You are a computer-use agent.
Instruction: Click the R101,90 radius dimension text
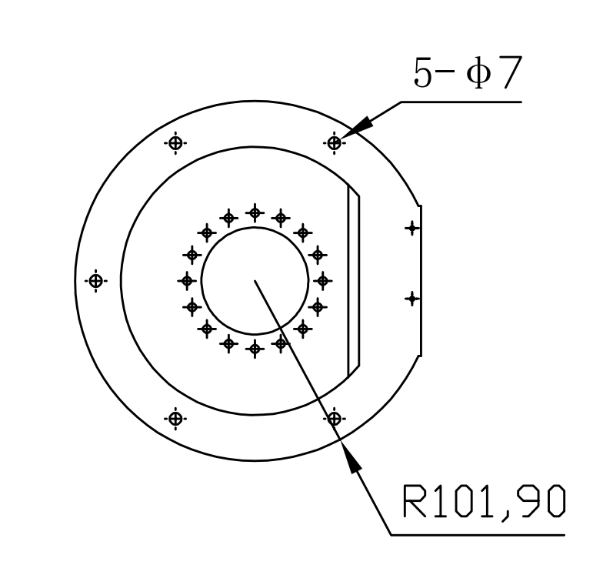coord(484,502)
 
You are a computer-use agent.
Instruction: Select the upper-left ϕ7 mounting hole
coord(175,143)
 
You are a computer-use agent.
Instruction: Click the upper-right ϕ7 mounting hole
coord(335,143)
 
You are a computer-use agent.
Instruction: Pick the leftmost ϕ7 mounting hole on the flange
coord(96,281)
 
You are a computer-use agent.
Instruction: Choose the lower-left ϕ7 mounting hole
coord(175,419)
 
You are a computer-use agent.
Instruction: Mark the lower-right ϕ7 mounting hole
coord(335,419)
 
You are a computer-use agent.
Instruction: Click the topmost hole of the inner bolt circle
coord(255,213)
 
